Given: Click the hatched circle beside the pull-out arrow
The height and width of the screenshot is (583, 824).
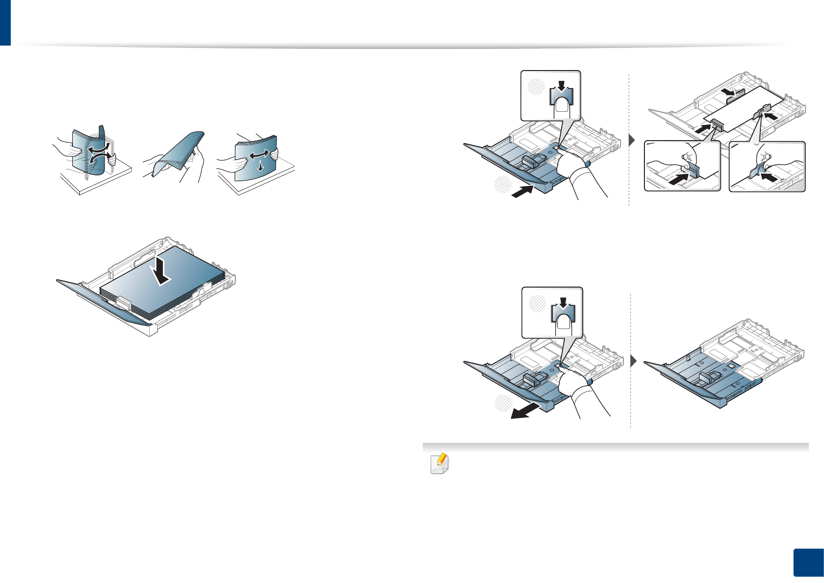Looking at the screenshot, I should (x=503, y=402).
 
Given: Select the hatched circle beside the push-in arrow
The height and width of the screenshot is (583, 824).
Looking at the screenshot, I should (x=503, y=185).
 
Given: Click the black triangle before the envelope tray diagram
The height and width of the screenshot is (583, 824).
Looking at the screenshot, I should (x=632, y=141).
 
